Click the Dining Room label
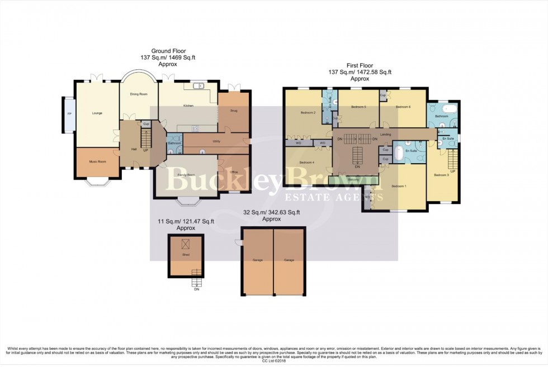pyautogui.click(x=139, y=94)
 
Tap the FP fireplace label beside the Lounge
pyautogui.click(x=69, y=114)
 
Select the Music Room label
pyautogui.click(x=96, y=162)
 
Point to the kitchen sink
pyautogui.click(x=198, y=87)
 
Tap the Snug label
pyautogui.click(x=234, y=111)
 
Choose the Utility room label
pyautogui.click(x=216, y=142)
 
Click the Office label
pyautogui.click(x=234, y=173)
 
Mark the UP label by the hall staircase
pyautogui.click(x=146, y=150)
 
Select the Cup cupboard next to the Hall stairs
pyautogui.click(x=145, y=124)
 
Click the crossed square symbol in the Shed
pyautogui.click(x=186, y=243)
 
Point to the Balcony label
pyautogui.click(x=353, y=179)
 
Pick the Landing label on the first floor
pyautogui.click(x=385, y=135)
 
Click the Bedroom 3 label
pyautogui.click(x=441, y=175)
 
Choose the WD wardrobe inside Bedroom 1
pyautogui.click(x=367, y=197)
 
